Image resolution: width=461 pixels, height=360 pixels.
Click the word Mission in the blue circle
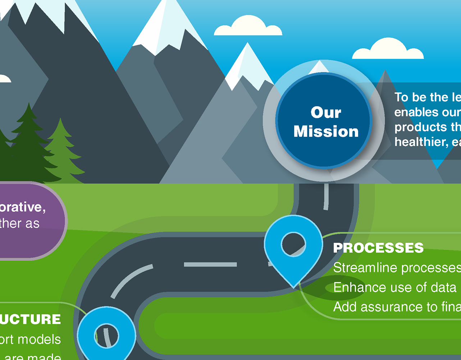[x=326, y=131]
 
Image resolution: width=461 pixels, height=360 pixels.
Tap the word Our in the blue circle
[x=326, y=112]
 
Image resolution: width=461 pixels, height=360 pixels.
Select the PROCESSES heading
[x=378, y=248]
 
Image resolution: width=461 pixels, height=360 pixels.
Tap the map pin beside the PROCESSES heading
[x=293, y=251]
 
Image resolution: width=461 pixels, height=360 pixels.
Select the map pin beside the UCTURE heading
[x=106, y=332]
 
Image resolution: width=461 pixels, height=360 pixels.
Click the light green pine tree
[x=62, y=151]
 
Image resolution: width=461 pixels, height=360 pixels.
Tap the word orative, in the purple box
[x=23, y=207]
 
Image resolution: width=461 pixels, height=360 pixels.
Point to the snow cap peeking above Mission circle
[x=319, y=68]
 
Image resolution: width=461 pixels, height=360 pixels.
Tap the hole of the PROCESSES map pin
[x=293, y=244]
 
